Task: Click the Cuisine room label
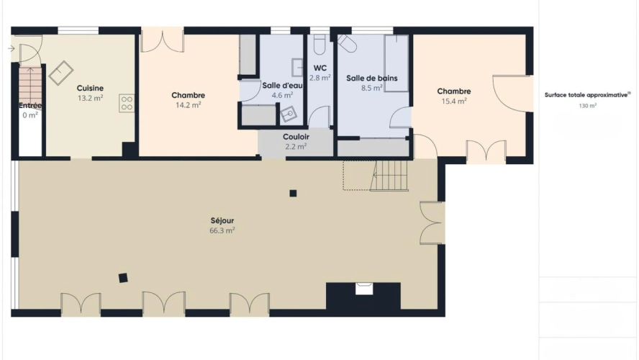(90, 88)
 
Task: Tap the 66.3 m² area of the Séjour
(222, 230)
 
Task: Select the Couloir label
(296, 136)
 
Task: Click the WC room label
(320, 68)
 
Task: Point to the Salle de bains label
(372, 78)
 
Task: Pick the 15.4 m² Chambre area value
(454, 102)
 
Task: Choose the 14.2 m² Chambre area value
(188, 104)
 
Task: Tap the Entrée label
(30, 106)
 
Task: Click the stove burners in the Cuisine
(127, 102)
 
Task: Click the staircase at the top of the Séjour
(389, 176)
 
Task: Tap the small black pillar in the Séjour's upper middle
(293, 192)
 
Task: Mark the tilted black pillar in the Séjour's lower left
(123, 276)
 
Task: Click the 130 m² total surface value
(587, 105)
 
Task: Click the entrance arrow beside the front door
(11, 49)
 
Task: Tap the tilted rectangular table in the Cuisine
(61, 72)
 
